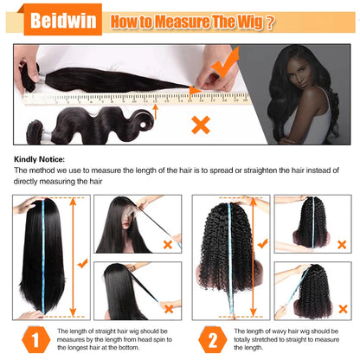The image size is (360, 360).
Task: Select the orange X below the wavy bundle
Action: (x=201, y=125)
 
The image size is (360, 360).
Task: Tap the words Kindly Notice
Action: (x=42, y=160)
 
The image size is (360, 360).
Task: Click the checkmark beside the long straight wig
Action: (x=82, y=260)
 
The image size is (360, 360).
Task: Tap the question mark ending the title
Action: (x=272, y=22)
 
